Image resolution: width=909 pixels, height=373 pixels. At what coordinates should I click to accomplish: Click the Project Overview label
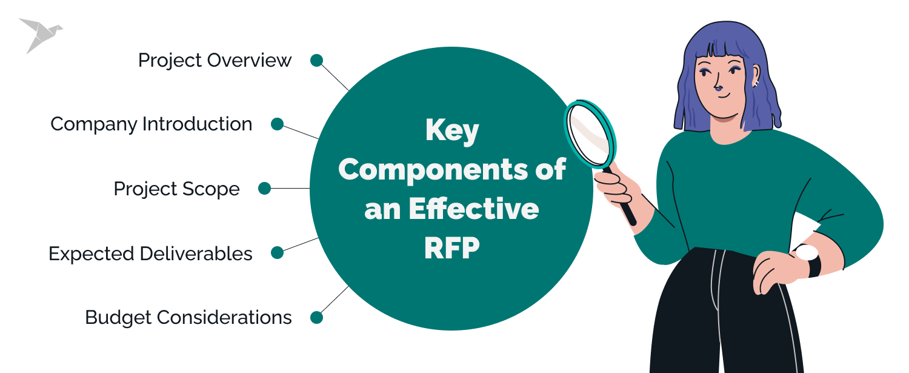215,61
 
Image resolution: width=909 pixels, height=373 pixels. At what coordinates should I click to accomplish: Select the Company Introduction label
151,124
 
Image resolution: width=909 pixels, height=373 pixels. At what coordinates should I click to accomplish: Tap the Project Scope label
176,189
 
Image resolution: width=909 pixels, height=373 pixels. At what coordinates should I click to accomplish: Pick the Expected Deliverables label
150,254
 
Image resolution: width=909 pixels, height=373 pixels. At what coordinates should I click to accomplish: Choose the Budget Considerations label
188,317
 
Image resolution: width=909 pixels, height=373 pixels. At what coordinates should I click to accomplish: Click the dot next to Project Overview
316,60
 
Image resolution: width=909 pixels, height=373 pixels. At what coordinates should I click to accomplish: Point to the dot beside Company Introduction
277,124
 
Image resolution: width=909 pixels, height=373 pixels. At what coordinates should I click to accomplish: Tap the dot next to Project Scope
264,189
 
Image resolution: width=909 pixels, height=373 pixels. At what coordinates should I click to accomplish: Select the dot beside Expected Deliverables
277,253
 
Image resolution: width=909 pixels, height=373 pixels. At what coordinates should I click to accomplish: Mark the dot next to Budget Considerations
316,317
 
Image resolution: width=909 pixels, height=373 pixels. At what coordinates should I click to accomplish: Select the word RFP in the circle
451,247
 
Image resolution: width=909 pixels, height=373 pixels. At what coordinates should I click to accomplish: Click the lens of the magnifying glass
590,135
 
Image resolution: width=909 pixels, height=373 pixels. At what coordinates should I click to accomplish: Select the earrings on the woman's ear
755,82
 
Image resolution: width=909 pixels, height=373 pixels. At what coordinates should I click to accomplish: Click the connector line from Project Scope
290,189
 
